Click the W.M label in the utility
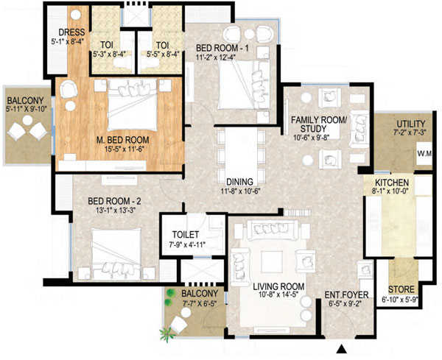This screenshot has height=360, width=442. coord(425,154)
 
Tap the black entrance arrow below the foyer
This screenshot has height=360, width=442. coord(341,347)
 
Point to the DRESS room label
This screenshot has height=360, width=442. coord(71,33)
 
